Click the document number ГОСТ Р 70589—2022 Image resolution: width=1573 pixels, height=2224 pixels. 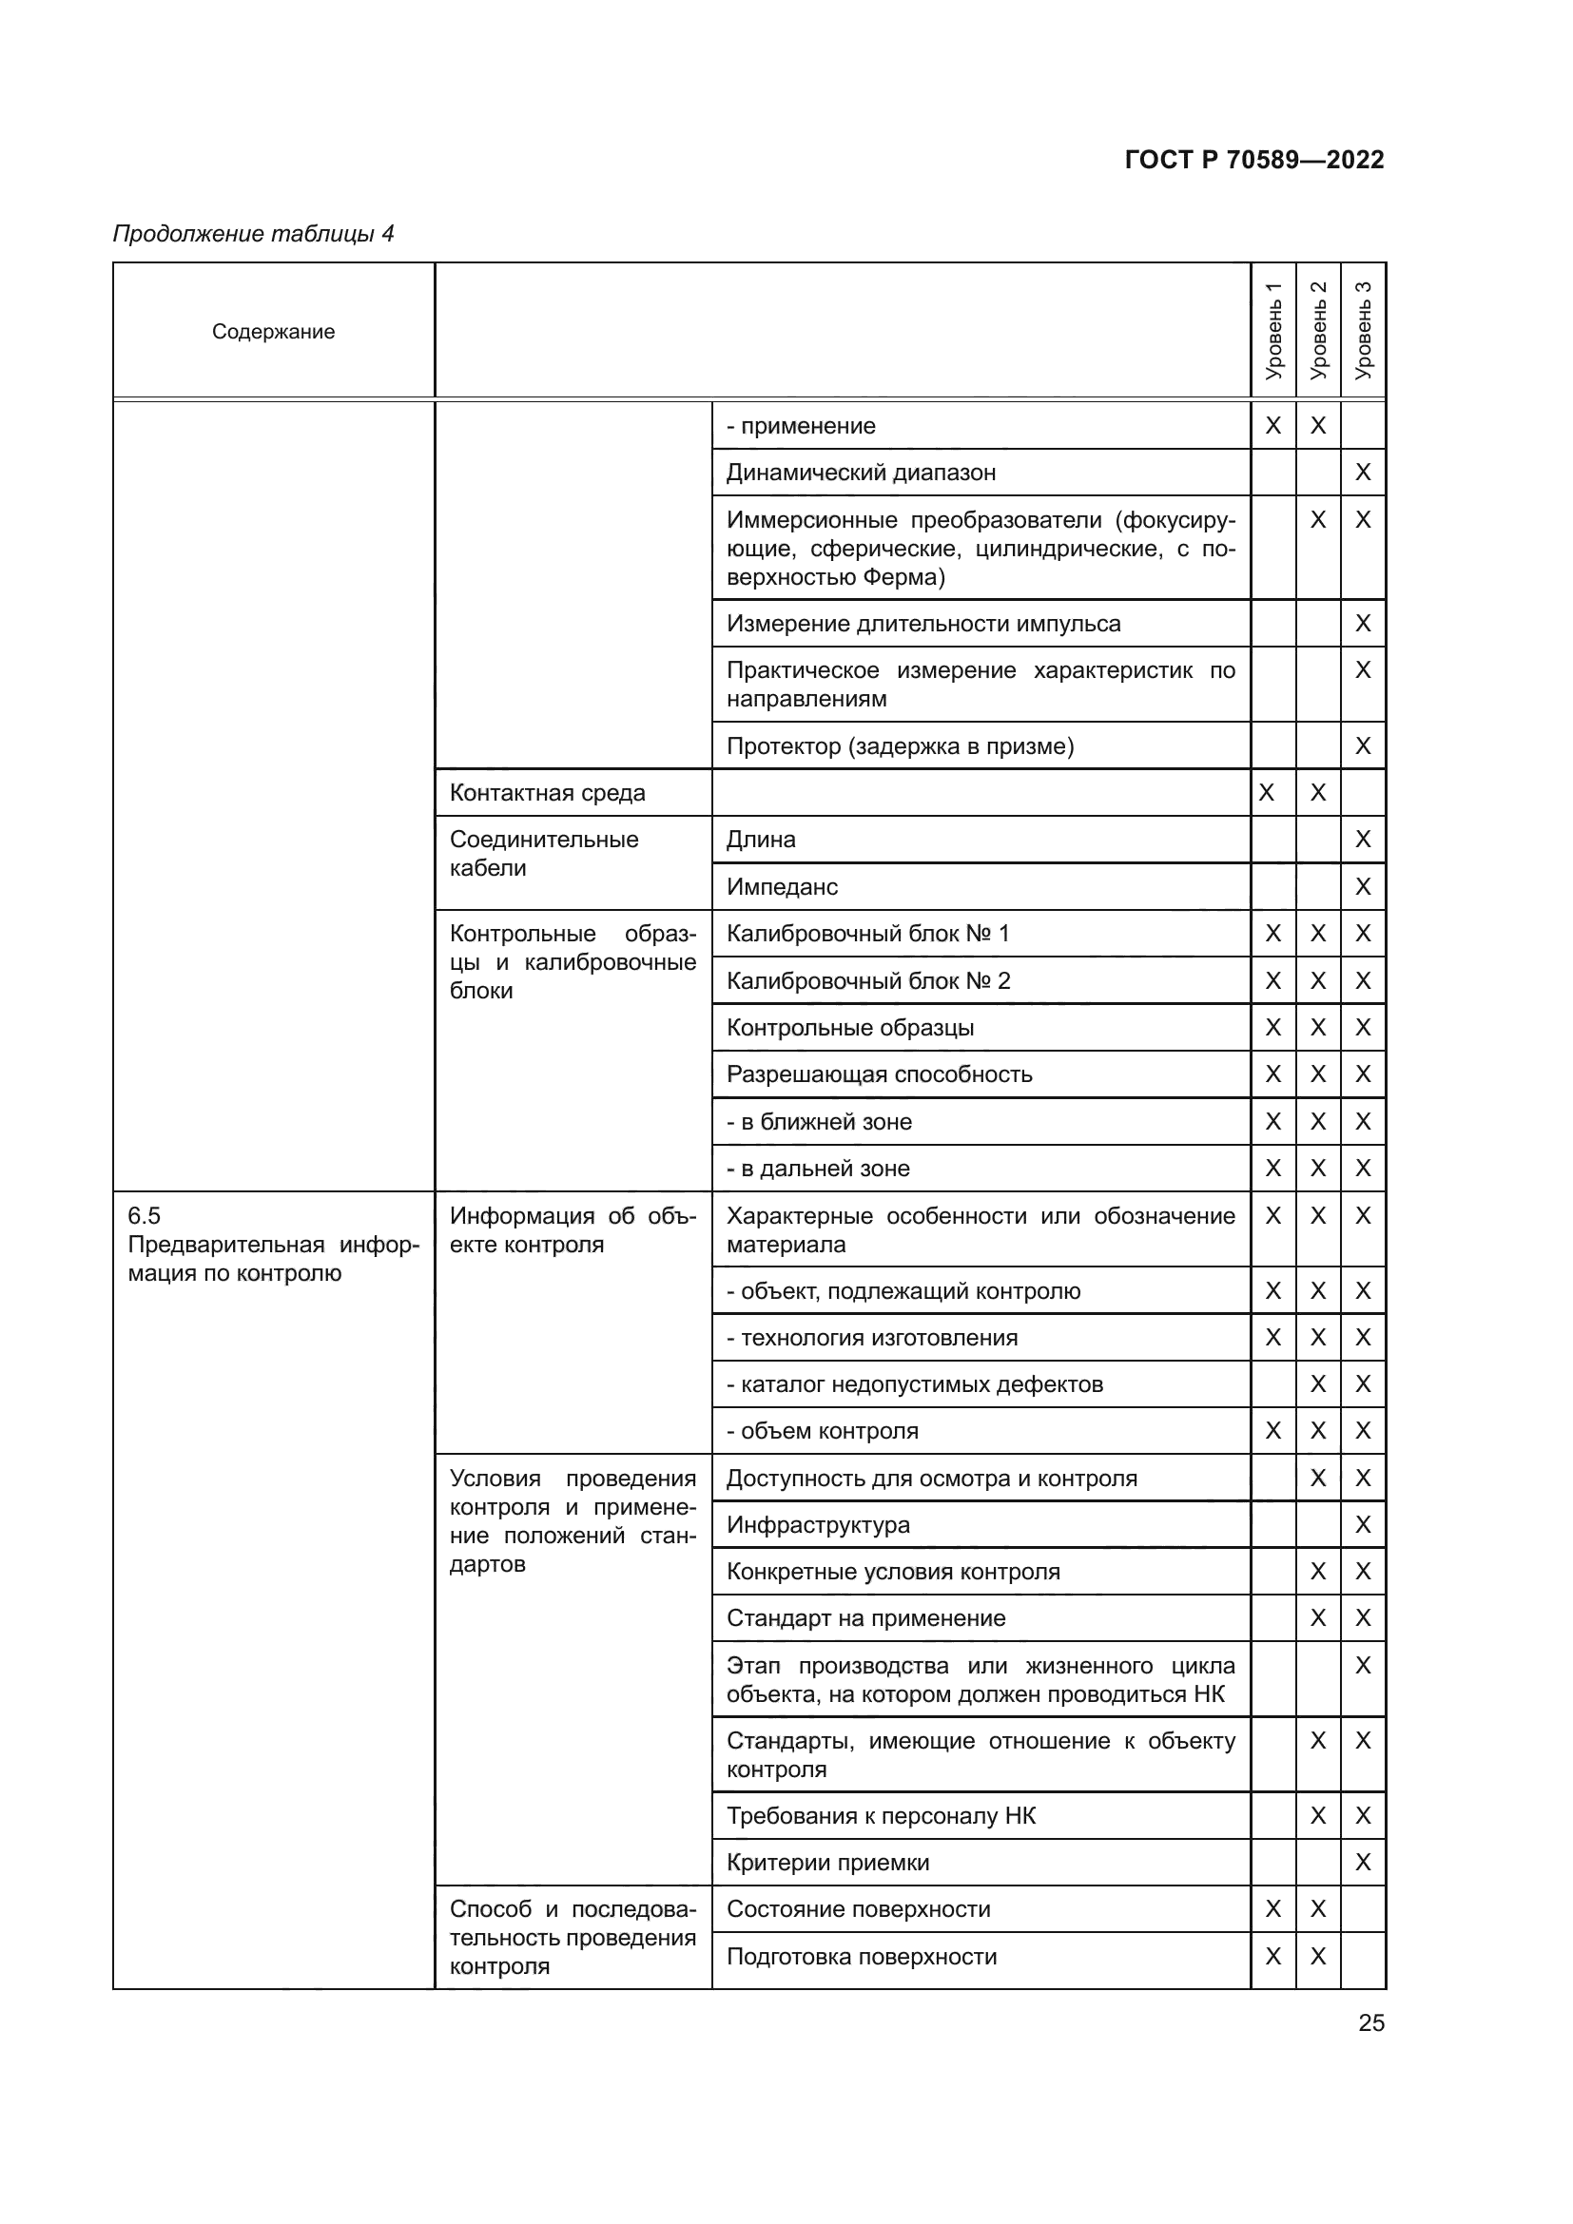[1253, 160]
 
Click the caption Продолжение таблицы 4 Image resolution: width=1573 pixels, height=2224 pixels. [254, 234]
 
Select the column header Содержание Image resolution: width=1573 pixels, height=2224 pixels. [273, 331]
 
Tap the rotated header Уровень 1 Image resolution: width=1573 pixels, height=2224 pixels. [1272, 331]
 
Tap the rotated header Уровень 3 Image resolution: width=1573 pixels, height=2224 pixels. [1363, 331]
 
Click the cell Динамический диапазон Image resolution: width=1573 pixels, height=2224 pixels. [860, 473]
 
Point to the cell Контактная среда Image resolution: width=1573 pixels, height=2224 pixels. [547, 792]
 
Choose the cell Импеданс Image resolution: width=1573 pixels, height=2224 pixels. [782, 886]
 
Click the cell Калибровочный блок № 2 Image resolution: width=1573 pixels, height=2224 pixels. [868, 980]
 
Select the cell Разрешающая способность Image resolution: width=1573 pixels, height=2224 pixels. [879, 1074]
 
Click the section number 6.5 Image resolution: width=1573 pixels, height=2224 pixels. [145, 1216]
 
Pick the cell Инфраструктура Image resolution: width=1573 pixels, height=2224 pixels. [818, 1524]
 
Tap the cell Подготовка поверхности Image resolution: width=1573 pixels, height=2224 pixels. [861, 1956]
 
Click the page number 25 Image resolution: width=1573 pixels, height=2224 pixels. [1370, 2022]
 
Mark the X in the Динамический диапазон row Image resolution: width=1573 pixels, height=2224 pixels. [1363, 473]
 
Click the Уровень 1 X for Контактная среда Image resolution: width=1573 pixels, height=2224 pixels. [1266, 792]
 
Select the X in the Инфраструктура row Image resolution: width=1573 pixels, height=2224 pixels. [1363, 1524]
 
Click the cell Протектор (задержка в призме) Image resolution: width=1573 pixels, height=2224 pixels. [900, 745]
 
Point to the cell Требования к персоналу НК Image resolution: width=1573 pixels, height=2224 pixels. [881, 1815]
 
